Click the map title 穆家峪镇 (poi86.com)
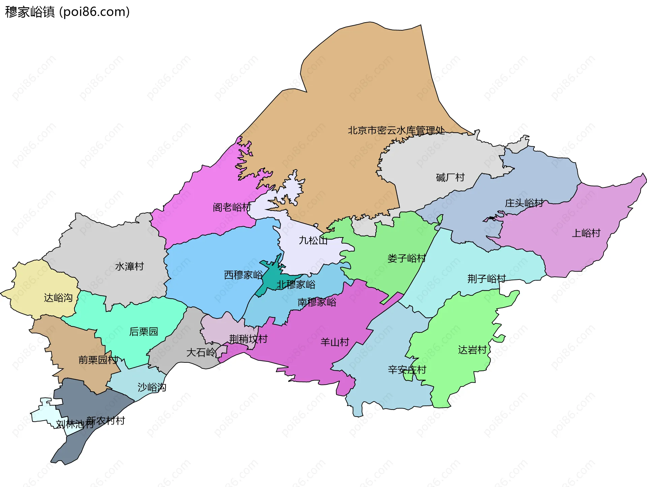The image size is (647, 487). click(67, 12)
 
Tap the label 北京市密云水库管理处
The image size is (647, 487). click(396, 130)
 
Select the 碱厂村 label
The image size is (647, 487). click(450, 177)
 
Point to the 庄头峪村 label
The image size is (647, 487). click(524, 203)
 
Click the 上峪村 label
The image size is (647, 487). click(586, 233)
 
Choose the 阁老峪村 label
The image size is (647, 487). click(232, 207)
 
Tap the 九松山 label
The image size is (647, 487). click(313, 240)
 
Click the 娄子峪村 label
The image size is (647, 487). click(406, 258)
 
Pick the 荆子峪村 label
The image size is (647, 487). click(486, 279)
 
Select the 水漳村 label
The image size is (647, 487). click(129, 266)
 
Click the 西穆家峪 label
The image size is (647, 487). click(243, 275)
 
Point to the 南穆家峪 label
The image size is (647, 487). click(317, 302)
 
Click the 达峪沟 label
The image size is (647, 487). click(58, 298)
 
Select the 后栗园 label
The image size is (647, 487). click(144, 332)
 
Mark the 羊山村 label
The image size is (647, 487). click(335, 342)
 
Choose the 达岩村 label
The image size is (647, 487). click(472, 350)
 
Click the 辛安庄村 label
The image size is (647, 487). click(407, 370)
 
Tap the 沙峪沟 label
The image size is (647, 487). click(152, 387)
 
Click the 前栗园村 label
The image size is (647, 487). click(98, 360)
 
